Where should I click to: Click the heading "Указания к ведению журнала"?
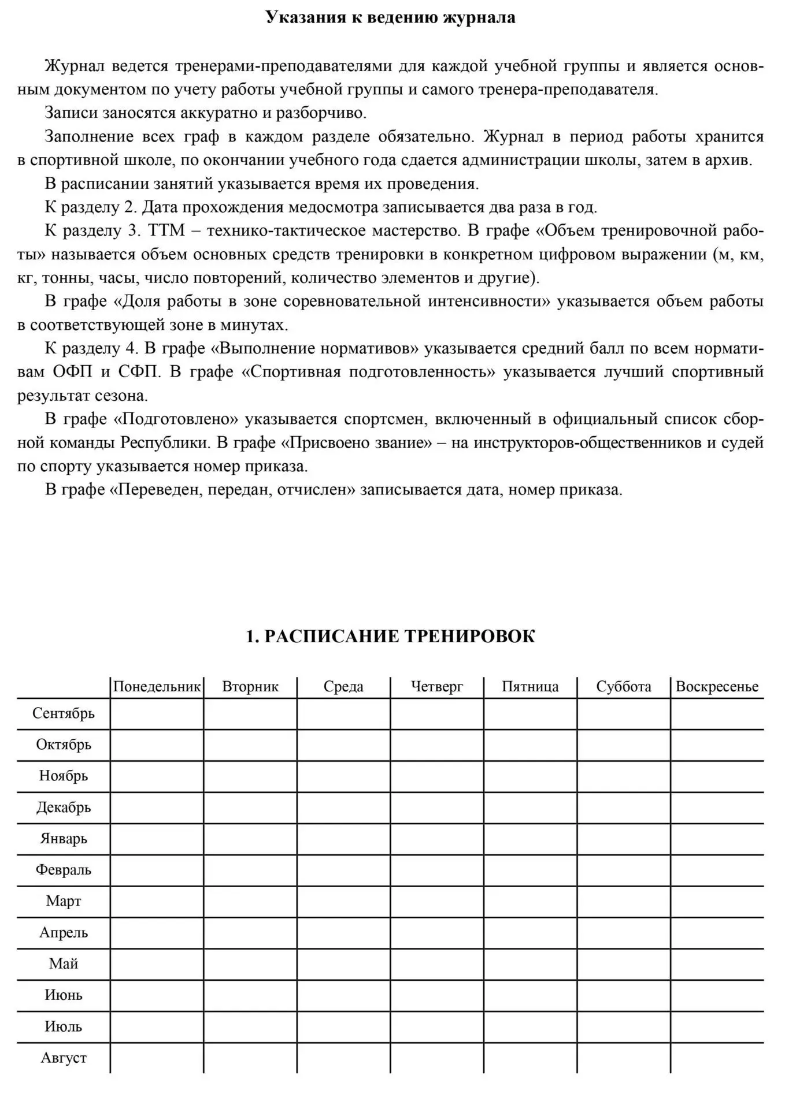click(390, 17)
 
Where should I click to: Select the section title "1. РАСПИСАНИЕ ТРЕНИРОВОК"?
click(390, 637)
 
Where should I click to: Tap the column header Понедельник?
click(157, 687)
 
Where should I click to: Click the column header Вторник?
click(250, 687)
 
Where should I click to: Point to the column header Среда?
click(343, 687)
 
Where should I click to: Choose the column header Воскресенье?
click(717, 687)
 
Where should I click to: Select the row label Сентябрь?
click(64, 713)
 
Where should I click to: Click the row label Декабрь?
click(64, 807)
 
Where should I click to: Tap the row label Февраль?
click(64, 870)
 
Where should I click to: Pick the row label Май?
click(64, 964)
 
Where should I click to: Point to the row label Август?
click(64, 1058)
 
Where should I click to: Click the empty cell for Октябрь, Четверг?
click(437, 745)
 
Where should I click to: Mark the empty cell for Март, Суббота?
click(624, 902)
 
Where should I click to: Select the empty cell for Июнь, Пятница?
click(530, 995)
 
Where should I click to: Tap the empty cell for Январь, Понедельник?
click(157, 839)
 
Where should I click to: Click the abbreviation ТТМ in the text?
click(167, 231)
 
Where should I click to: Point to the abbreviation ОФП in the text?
click(72, 371)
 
